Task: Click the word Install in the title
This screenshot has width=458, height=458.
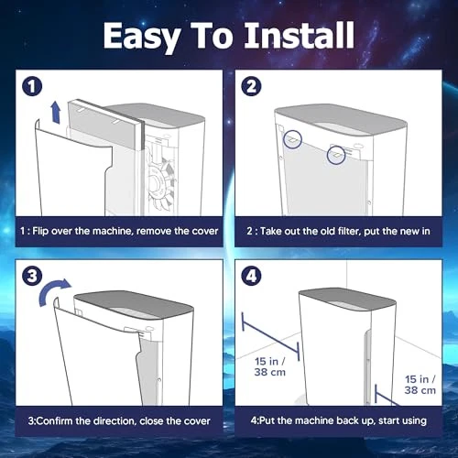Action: (x=300, y=35)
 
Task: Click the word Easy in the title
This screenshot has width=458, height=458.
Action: (x=141, y=38)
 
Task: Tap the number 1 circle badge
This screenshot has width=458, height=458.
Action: (x=32, y=86)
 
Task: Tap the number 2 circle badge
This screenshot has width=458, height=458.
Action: (x=251, y=86)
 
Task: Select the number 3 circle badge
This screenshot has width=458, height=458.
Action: (x=32, y=276)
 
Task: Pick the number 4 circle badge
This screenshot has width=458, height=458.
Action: (x=251, y=276)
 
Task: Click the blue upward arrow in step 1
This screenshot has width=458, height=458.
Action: (x=56, y=113)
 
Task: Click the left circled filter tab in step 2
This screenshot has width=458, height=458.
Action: (x=292, y=139)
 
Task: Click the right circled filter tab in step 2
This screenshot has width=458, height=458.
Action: (x=336, y=155)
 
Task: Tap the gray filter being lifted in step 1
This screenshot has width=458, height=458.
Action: (x=105, y=124)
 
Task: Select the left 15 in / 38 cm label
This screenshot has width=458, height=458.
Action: (x=270, y=366)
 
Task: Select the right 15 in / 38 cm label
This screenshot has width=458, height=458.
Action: (x=420, y=385)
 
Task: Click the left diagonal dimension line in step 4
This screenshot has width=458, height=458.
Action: (x=270, y=337)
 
